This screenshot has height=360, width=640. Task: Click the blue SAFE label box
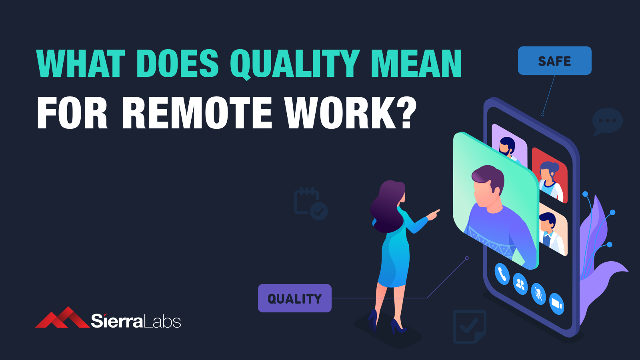[x=554, y=60]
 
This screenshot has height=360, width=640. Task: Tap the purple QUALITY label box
[x=294, y=298]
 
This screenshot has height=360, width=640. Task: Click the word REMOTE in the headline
[x=198, y=113]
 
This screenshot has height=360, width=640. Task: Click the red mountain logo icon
[x=62, y=317]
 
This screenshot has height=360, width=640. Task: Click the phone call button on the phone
[x=502, y=274]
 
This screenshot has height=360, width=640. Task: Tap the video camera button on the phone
[x=556, y=304]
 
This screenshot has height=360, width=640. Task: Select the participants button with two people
[x=520, y=284]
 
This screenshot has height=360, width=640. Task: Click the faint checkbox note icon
[x=470, y=326]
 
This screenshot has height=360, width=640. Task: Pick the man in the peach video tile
[x=550, y=233]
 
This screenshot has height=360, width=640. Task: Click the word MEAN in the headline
[x=416, y=64]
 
